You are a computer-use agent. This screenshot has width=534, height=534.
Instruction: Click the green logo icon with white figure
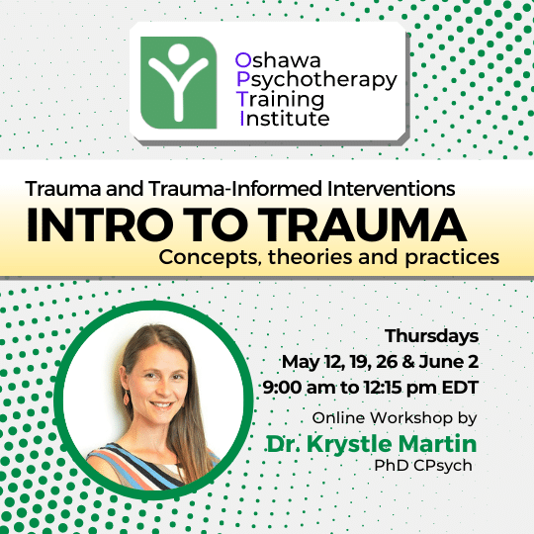(178, 82)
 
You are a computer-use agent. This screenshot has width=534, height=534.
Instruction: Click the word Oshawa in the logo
(278, 60)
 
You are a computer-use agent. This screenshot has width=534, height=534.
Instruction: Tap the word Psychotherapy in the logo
(316, 81)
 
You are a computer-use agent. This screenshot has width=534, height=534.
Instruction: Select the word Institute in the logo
(285, 119)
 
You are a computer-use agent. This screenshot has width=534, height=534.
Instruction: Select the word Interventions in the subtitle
(391, 188)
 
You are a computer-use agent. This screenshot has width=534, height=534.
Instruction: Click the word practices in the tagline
(452, 257)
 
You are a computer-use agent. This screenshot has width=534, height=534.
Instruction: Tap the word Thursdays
(432, 336)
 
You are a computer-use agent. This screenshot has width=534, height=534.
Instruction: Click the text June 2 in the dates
(449, 362)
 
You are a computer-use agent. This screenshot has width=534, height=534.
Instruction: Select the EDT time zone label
(461, 388)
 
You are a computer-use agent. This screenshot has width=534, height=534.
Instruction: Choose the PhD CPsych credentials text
(423, 466)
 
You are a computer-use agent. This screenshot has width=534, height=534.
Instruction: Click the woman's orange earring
(127, 398)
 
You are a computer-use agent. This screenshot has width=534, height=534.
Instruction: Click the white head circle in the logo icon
(178, 54)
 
